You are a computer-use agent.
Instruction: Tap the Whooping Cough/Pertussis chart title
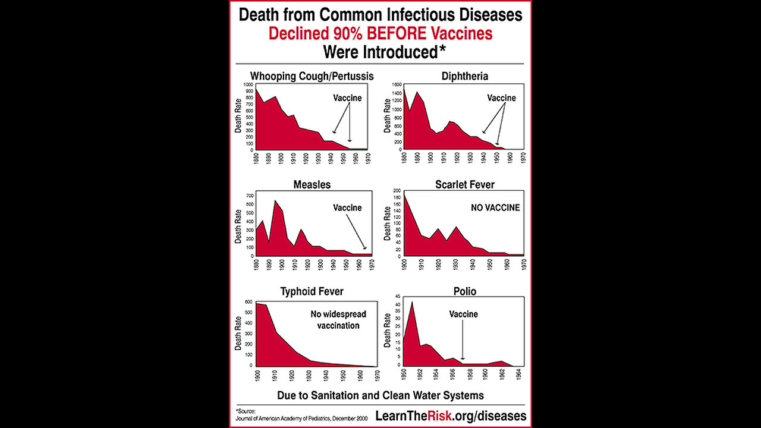click(312, 75)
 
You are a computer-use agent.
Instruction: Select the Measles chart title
click(312, 184)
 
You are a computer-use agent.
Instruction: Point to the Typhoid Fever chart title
click(312, 291)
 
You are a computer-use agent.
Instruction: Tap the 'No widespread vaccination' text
click(338, 319)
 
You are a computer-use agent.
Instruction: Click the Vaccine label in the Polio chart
click(463, 314)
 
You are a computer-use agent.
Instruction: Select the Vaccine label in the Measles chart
click(347, 207)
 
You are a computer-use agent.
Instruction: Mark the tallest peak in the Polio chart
click(412, 303)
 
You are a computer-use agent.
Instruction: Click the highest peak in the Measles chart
click(275, 201)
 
